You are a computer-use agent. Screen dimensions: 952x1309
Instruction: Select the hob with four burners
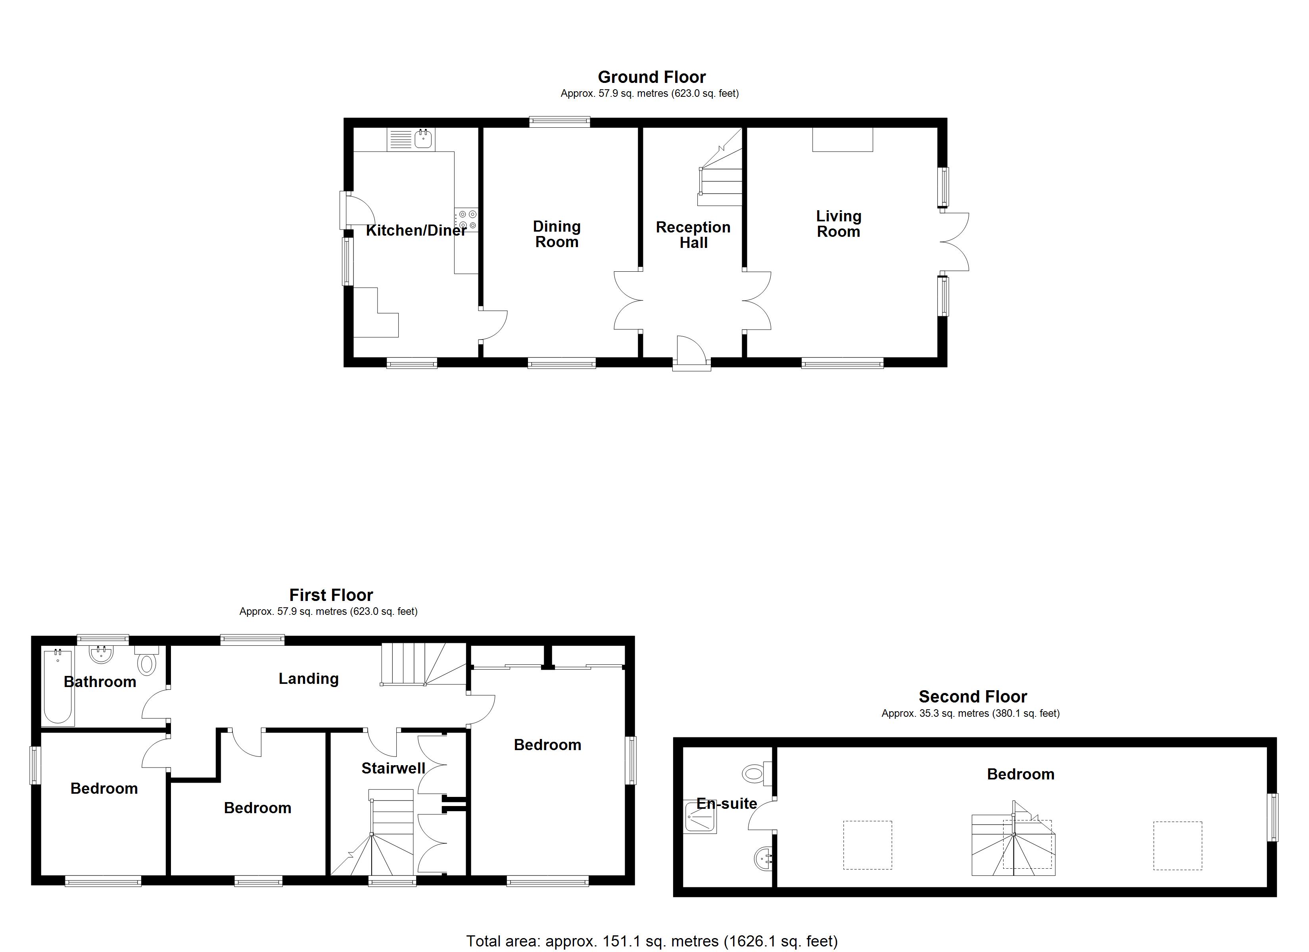[467, 220]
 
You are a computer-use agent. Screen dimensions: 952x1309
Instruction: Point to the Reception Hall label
[693, 234]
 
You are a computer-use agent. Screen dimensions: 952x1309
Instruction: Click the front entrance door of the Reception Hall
[691, 352]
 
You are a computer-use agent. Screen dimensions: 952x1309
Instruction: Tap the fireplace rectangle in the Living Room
[842, 139]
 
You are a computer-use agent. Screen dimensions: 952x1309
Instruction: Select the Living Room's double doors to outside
[954, 241]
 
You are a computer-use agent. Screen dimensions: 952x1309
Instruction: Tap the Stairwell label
[393, 768]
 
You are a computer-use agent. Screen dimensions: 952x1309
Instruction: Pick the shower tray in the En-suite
[699, 816]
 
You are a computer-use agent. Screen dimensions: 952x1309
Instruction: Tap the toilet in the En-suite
[756, 772]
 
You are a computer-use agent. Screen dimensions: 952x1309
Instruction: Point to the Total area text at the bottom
[652, 941]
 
